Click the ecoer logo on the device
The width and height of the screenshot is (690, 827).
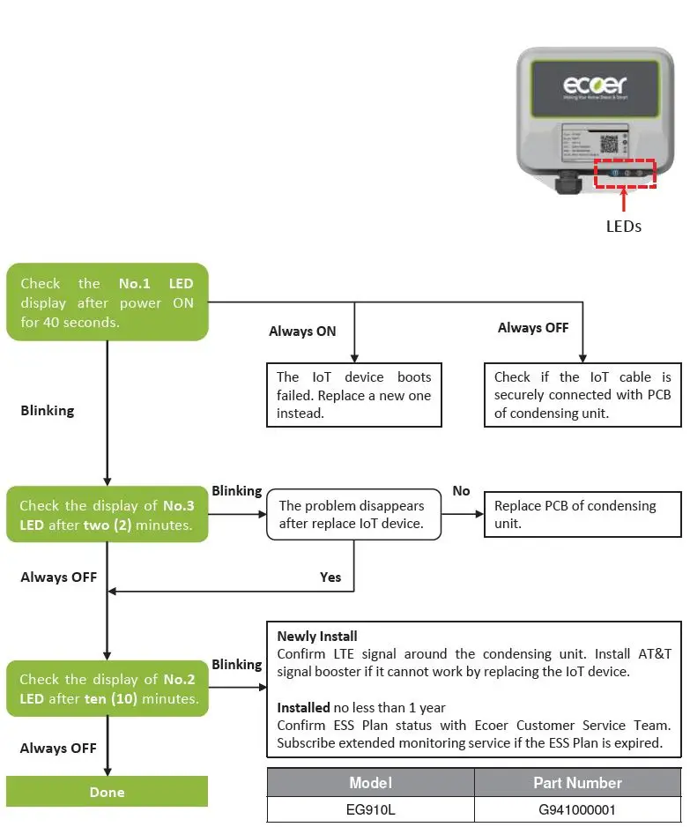coord(595,86)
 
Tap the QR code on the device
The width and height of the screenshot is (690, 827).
coord(610,145)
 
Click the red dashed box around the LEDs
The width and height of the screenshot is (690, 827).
coord(625,173)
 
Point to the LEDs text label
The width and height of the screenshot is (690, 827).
coord(624,226)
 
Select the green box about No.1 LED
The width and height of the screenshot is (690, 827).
coord(107,302)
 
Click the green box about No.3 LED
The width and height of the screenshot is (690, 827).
coord(107,516)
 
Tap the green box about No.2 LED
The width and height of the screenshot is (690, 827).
coord(107,689)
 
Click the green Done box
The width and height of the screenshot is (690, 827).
coord(107,792)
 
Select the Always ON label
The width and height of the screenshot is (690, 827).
coord(303,332)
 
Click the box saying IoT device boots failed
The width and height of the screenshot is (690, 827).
coord(353,395)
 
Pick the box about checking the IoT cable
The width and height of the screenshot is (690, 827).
coord(582,395)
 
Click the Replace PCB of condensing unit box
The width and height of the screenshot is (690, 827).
coord(582,515)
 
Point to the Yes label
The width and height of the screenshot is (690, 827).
coord(330,577)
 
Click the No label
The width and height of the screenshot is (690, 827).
coord(461,490)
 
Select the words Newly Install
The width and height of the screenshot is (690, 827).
coord(317,636)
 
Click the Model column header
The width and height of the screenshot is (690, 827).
coord(370,783)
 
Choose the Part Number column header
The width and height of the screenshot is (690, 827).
coord(577,783)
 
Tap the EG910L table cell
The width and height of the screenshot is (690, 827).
coord(370,809)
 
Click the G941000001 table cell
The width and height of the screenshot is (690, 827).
coord(577,809)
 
